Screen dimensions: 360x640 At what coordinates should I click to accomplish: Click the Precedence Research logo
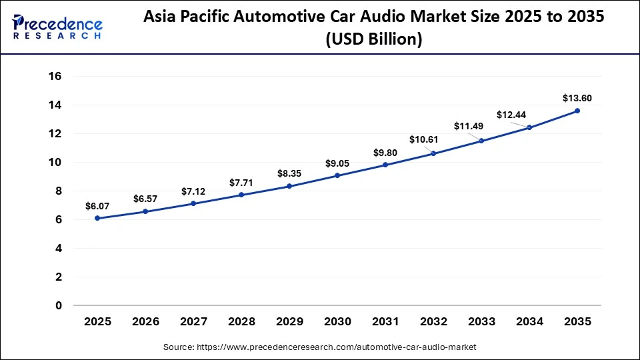tap(57, 27)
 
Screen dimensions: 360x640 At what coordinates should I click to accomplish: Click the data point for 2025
tap(97, 218)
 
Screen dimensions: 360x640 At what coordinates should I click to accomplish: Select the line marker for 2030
tap(337, 175)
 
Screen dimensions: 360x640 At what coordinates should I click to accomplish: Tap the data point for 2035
tap(577, 111)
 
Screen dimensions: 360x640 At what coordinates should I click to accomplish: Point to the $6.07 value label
tap(97, 207)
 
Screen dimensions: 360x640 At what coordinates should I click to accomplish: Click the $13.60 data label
tap(577, 98)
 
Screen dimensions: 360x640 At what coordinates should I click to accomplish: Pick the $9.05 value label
tap(337, 163)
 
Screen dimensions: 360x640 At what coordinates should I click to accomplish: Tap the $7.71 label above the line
tap(241, 182)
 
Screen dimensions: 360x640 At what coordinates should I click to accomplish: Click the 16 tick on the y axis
tap(55, 77)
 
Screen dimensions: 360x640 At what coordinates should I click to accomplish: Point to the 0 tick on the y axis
tap(59, 305)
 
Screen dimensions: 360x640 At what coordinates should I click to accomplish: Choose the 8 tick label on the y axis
tap(59, 191)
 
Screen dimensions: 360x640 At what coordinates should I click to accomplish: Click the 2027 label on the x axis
tap(193, 322)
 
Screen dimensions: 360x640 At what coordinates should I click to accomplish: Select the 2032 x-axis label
tap(433, 322)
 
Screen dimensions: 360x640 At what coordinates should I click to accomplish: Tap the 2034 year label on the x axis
tap(529, 322)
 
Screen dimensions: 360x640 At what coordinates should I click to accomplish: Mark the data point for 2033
tap(481, 141)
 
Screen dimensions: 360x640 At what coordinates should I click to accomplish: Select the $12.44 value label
tap(511, 115)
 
